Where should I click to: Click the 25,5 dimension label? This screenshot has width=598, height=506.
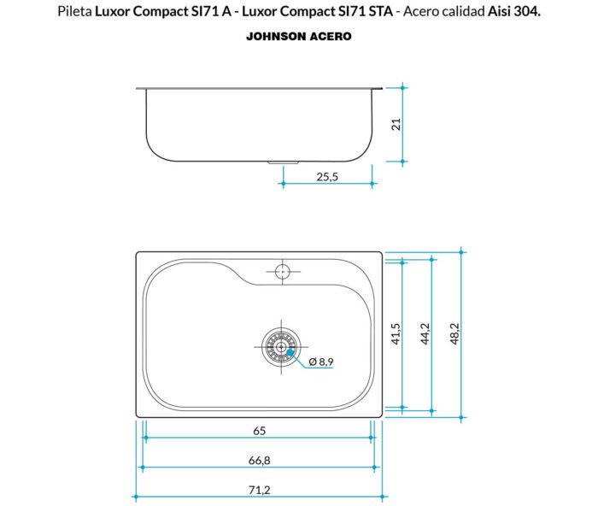point(327,176)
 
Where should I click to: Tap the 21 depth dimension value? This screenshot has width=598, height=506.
point(395,124)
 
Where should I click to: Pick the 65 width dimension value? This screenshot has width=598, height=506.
point(258,430)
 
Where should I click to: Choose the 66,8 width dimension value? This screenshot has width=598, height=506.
point(258,460)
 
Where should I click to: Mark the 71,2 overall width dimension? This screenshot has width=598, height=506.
point(258,490)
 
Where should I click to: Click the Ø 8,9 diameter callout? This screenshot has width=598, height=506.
point(320,362)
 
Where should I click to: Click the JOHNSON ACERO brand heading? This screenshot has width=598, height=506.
point(298,37)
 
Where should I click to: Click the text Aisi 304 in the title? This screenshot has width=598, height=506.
point(515,13)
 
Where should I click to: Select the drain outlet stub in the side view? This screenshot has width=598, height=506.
point(282,162)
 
